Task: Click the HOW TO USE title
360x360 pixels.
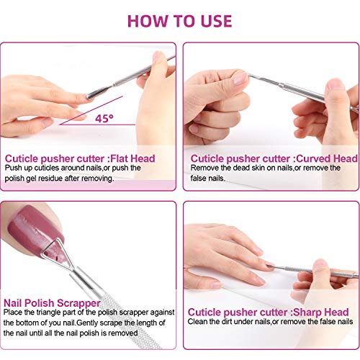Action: (x=180, y=19)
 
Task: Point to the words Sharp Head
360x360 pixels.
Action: (x=317, y=312)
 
